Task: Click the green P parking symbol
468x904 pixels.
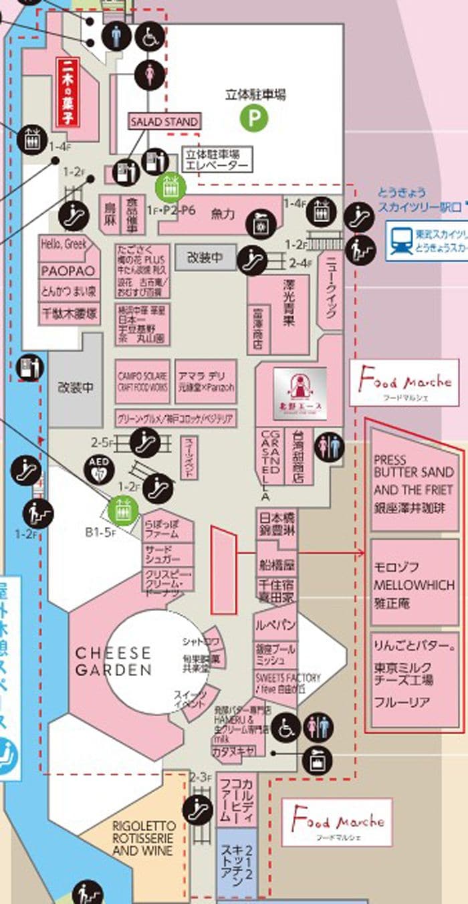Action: (254, 119)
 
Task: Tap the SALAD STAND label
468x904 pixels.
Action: (164, 122)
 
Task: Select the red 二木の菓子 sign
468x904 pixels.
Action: (68, 92)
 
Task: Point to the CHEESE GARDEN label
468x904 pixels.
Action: (113, 661)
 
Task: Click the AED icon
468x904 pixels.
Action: (98, 469)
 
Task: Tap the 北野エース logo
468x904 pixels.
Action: (300, 393)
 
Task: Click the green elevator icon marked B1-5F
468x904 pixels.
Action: (122, 512)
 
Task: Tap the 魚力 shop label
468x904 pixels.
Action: (223, 215)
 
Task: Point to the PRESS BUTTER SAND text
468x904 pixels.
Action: (414, 466)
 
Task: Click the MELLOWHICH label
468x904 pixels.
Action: (414, 585)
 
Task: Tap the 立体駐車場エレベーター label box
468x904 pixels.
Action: (217, 159)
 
